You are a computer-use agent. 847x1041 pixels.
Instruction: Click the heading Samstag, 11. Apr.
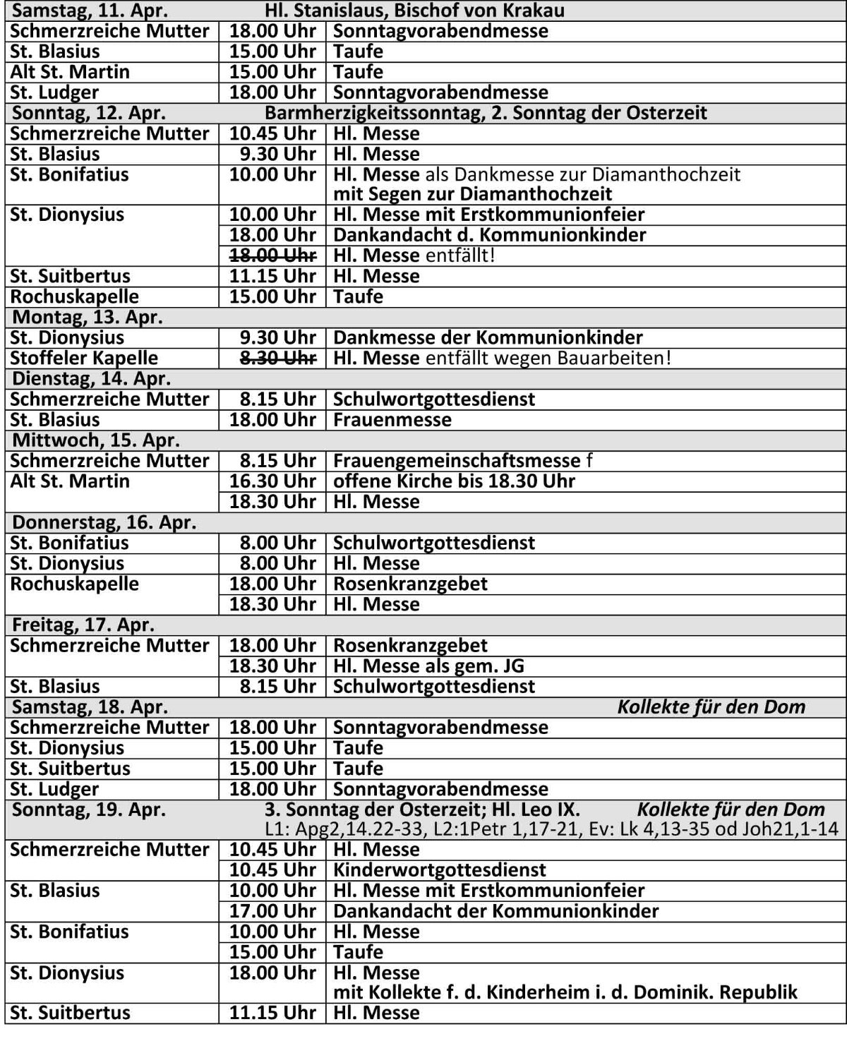click(88, 11)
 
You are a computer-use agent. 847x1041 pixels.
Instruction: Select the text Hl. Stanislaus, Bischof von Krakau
click(414, 11)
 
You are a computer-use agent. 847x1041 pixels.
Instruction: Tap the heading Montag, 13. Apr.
click(88, 317)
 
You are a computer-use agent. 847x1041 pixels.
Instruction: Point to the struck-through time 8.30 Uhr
click(278, 358)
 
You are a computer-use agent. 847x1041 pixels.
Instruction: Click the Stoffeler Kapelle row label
click(84, 358)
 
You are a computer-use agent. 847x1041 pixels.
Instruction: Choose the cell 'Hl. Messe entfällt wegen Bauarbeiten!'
click(502, 358)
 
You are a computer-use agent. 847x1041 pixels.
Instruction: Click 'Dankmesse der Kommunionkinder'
click(488, 337)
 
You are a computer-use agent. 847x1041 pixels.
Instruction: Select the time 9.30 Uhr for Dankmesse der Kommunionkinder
click(278, 337)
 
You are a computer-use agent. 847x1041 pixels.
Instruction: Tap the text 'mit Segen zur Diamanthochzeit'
click(472, 194)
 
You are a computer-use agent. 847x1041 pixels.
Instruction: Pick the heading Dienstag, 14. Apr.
click(92, 378)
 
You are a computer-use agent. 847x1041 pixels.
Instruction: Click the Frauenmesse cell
click(392, 420)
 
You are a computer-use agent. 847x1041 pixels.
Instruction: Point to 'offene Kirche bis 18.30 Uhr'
click(454, 481)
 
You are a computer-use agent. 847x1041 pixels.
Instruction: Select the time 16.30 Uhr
click(272, 481)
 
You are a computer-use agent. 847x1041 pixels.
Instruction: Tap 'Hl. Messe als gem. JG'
click(428, 666)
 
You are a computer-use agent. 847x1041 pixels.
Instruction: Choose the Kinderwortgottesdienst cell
click(440, 870)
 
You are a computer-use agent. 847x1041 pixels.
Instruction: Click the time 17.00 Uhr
click(272, 911)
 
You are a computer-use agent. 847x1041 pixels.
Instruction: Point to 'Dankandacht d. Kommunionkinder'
click(490, 235)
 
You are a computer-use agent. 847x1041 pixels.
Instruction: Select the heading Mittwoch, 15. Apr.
click(96, 440)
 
